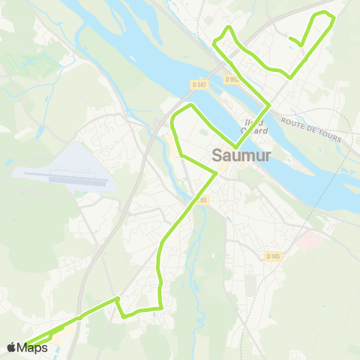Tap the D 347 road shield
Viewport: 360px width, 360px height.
click(x=198, y=85)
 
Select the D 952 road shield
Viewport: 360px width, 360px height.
click(x=232, y=79)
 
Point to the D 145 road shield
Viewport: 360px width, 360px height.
click(x=273, y=256)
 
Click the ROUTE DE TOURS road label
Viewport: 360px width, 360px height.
click(x=310, y=128)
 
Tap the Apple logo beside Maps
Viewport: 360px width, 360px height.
click(x=11, y=347)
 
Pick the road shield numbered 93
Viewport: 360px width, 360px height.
click(x=202, y=199)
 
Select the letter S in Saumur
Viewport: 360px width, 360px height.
click(x=218, y=157)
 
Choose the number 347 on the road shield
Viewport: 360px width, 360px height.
click(x=200, y=85)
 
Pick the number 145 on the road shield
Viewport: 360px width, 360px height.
click(x=275, y=256)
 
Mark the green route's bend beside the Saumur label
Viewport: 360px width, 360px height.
click(x=217, y=173)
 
